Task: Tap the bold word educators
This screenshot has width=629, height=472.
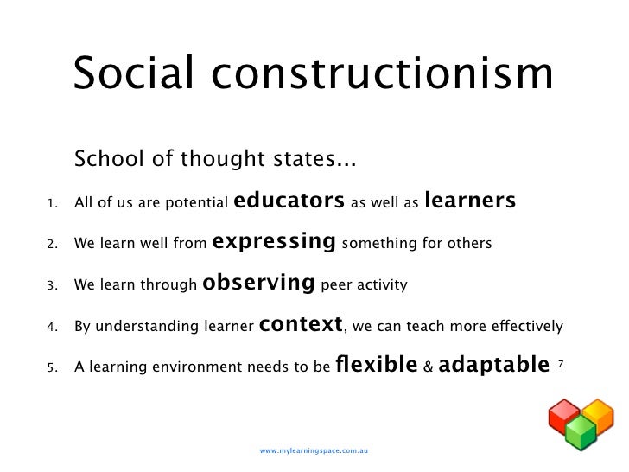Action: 289,201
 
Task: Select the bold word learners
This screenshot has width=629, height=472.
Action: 471,201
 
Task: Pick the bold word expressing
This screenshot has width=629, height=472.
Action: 273,242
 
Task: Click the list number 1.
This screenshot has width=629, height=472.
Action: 52,205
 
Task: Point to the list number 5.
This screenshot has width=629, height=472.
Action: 52,367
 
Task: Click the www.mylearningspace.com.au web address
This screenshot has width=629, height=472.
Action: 314,451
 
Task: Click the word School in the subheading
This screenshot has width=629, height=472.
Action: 105,160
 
